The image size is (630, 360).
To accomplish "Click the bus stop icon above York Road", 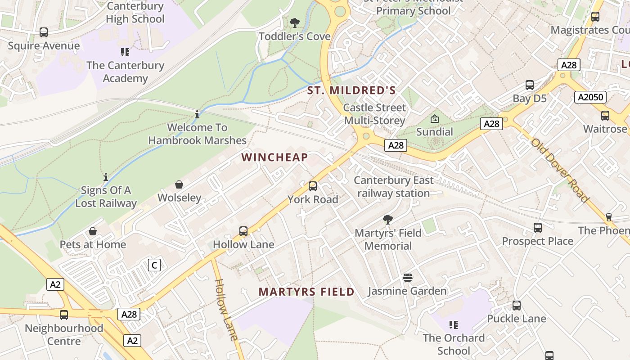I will point(312,186).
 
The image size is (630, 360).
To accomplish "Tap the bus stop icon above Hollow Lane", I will point(243,231).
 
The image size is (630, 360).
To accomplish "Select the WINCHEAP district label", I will point(274,157).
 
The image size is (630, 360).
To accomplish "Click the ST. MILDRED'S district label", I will point(351,90).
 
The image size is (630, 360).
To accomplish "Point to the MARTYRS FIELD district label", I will point(306,292).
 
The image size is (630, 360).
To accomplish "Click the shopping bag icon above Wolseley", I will point(179,184).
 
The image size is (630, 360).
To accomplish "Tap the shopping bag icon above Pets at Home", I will point(93,231).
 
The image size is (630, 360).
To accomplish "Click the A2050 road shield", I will point(590,97).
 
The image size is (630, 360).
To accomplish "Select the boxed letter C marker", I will point(154,265).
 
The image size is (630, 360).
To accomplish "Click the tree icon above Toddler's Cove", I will point(295,22).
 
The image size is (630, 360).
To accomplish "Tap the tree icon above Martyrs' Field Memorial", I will point(387,220).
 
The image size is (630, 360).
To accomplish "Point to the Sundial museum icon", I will point(434,119).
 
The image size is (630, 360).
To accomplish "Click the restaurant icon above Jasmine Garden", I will point(408,278).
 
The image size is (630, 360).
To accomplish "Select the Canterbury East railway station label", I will point(393,187).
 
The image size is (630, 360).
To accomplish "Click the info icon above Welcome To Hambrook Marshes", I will point(197,114).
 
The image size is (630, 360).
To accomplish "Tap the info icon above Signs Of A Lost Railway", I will point(106,177).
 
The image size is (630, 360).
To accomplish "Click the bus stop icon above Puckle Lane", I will point(517,306).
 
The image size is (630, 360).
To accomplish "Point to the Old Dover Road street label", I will point(560,170).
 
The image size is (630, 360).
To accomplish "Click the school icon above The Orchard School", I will point(454,324).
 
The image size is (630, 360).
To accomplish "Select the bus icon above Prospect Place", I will point(537,228).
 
